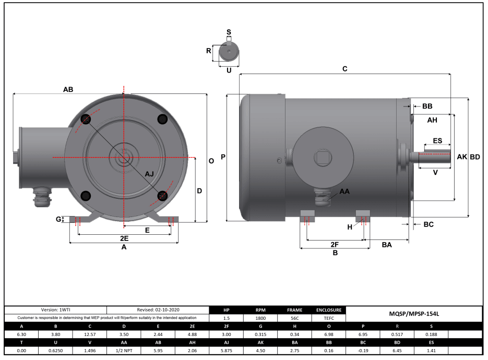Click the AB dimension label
pos(68,89)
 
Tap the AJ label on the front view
pos(149,174)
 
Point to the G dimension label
pos(59,219)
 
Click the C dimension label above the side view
pos(344,69)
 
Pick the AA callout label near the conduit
pos(344,191)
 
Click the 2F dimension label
pos(335,244)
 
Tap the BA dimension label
pos(387,244)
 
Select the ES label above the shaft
pos(437,141)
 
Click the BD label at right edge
pos(475,157)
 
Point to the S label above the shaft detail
pos(229,32)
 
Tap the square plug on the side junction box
pos(320,157)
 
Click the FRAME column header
pos(294,310)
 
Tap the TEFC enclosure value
pos(329,318)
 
